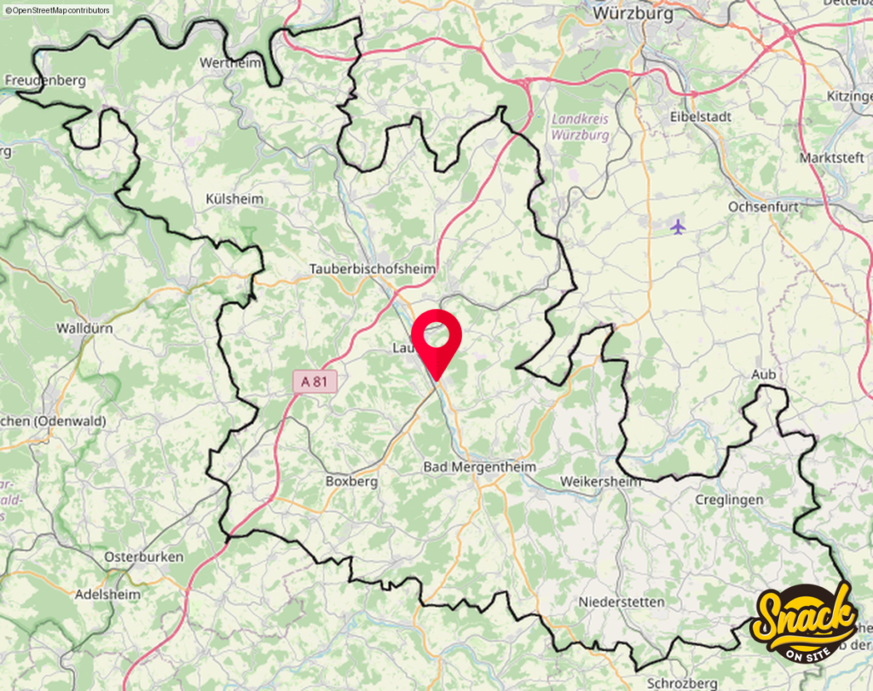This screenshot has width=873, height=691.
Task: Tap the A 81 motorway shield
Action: point(314,382)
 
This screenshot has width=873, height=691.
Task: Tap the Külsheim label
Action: point(234,199)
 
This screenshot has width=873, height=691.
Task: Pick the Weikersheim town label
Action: point(600,482)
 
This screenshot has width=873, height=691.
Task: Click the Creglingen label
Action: point(729,499)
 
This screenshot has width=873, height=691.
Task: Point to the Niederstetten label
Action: point(622,602)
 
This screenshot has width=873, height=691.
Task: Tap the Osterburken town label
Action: point(144,556)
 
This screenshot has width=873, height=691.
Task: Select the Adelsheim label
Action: point(107,595)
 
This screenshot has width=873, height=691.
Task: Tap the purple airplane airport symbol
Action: point(678,227)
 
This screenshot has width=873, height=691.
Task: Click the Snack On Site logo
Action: point(803,620)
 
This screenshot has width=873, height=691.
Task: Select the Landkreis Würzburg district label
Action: point(580,127)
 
